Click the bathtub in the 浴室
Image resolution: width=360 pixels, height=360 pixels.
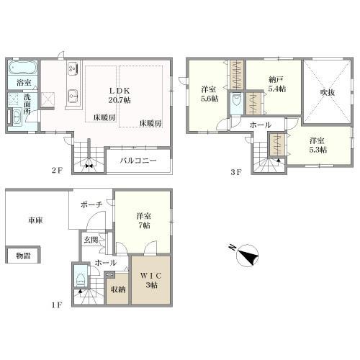tap(23, 68)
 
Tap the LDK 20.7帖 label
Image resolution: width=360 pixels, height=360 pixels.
tap(120, 95)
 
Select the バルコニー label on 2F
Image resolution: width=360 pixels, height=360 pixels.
tap(138, 161)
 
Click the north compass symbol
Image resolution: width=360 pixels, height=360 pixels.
tap(247, 255)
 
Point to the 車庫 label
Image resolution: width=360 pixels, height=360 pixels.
tap(35, 220)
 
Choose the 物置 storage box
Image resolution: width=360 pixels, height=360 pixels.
tap(23, 256)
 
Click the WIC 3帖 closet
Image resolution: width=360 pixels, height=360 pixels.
tap(151, 280)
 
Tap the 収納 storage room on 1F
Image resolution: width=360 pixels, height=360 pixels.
tap(118, 289)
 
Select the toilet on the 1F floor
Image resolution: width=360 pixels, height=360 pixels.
tap(80, 279)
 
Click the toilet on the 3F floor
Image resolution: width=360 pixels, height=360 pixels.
tap(235, 101)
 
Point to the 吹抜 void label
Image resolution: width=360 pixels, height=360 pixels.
tap(328, 93)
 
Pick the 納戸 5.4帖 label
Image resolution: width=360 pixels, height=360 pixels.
tap(276, 84)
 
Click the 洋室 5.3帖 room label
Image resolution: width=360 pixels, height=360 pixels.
tap(318, 145)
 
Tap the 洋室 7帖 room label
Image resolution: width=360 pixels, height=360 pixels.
tap(143, 220)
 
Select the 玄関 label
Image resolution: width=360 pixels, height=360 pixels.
tap(91, 240)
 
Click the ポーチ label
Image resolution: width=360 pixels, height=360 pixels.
tap(91, 204)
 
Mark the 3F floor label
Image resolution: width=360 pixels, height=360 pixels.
tap(235, 172)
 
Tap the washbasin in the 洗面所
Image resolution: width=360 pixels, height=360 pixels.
tap(17, 117)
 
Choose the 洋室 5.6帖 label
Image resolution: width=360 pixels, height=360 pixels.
tap(210, 94)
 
